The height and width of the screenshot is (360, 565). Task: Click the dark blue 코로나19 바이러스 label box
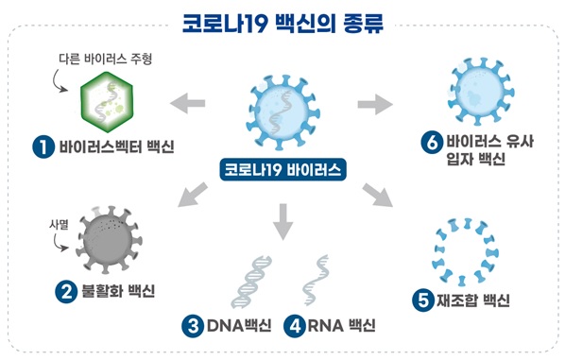[282, 171]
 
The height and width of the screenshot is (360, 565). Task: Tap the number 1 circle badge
[42, 146]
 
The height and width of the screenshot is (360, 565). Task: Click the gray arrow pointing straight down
[282, 224]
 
